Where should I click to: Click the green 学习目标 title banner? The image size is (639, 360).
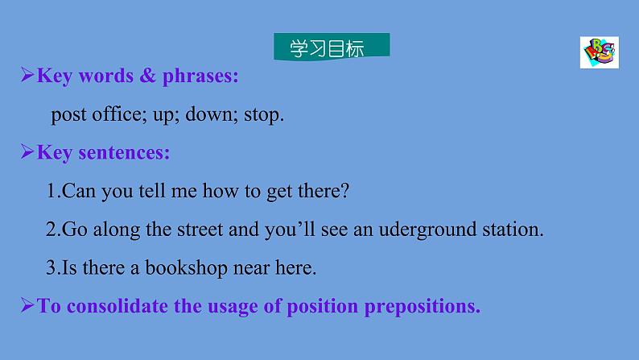click(x=331, y=48)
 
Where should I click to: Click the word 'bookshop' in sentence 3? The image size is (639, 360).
click(x=181, y=268)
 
